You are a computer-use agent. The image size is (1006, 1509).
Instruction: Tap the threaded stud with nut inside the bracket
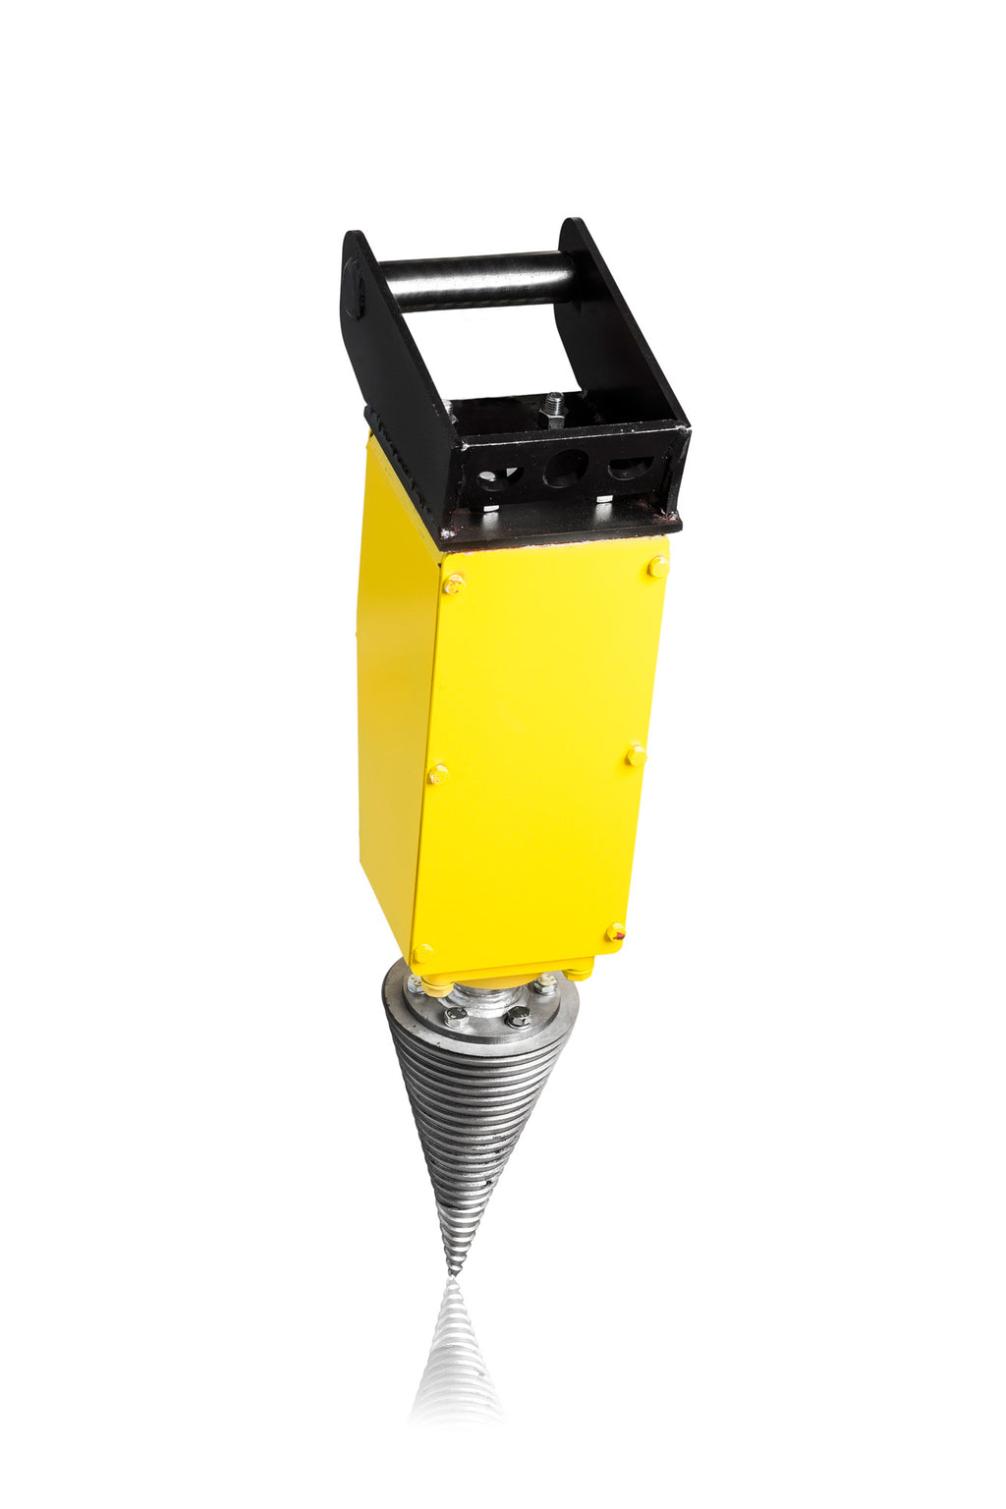point(554,410)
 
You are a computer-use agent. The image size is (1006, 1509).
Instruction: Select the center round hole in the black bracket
point(566,468)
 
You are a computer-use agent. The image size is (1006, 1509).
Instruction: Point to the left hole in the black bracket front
point(498,477)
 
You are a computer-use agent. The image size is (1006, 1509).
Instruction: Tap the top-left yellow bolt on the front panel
point(454,585)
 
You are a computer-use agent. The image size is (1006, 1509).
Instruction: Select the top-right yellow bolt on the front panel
point(657,566)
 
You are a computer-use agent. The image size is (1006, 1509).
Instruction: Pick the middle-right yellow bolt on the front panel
point(637,755)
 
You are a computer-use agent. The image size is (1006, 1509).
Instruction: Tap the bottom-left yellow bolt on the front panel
point(422,953)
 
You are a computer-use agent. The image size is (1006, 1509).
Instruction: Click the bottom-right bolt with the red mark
point(616,932)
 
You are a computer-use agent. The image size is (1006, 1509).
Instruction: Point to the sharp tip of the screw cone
point(453,1273)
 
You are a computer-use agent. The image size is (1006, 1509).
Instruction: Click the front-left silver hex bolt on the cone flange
point(455,1018)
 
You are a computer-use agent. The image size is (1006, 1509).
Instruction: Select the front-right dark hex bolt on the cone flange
point(518,1017)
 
